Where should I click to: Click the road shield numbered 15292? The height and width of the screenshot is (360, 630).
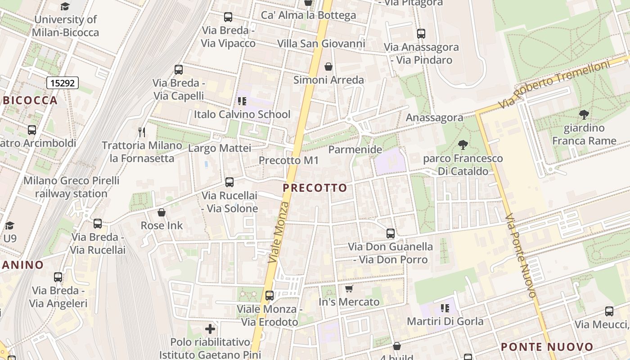[x=63, y=83]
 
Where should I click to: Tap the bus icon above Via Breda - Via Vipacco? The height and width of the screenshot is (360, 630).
[x=228, y=18]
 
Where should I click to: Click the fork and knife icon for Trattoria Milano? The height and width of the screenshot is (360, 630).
[x=142, y=132]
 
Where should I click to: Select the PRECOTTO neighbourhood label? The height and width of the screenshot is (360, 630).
[x=315, y=188]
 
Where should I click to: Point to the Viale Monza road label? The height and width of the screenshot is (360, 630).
[x=279, y=232]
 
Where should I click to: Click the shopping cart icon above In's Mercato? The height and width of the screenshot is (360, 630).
[x=349, y=288]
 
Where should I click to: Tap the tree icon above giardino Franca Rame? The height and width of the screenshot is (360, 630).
[x=584, y=115]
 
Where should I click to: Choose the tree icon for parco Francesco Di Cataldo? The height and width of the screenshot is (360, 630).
[x=463, y=145]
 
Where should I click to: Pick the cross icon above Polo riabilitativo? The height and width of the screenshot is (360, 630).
[x=210, y=329]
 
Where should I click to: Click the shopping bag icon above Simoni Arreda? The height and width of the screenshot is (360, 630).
[x=328, y=67]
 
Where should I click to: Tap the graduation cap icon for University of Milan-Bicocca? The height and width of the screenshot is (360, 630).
[x=65, y=6]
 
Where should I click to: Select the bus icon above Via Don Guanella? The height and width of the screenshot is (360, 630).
[x=391, y=234]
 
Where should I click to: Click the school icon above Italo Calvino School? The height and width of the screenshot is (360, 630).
[x=242, y=101]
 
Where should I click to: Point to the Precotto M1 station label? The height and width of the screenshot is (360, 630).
[x=288, y=160]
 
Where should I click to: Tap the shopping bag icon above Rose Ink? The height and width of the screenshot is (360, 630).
[x=162, y=212]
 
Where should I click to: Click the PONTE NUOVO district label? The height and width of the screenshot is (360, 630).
[x=547, y=347]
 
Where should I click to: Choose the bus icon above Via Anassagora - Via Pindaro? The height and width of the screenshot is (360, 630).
[x=421, y=34]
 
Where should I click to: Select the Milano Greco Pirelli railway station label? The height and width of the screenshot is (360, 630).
[x=71, y=187]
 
